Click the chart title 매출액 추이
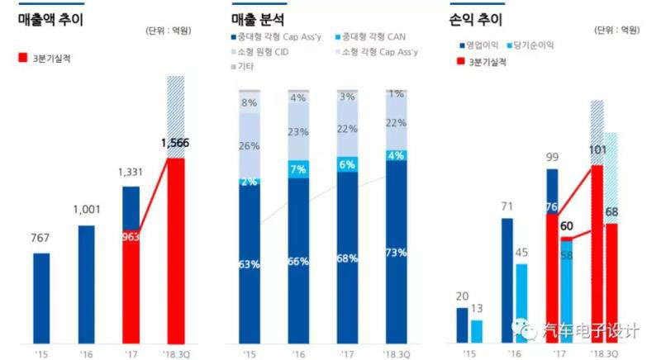coord(51,20)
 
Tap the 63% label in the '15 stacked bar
coord(250,264)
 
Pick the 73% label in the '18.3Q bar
coord(396,252)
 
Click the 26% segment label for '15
coord(250,146)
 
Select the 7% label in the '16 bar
coord(298,168)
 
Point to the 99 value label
coord(553,156)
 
